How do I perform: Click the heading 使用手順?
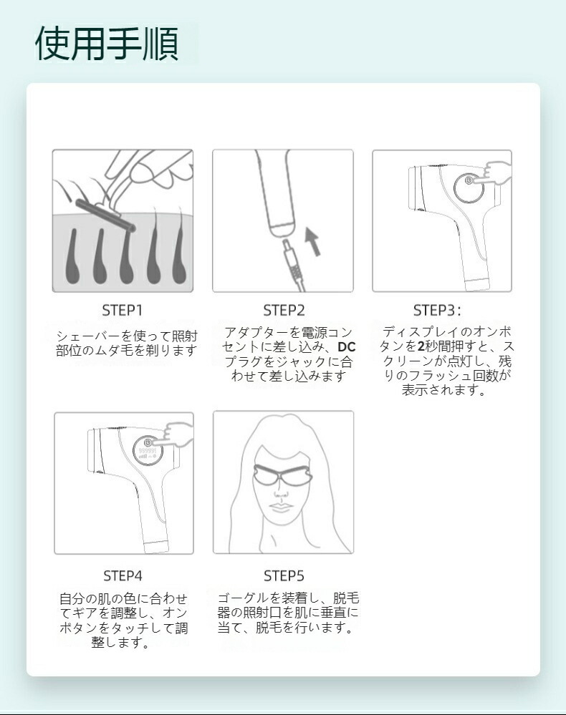point(107,44)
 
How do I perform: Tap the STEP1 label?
point(123,311)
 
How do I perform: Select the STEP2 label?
point(284,311)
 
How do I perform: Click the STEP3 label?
point(437,311)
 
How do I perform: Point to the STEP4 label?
point(123,576)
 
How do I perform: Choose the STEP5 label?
point(284,576)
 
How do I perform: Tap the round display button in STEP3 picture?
point(469,189)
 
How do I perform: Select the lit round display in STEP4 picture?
point(148,450)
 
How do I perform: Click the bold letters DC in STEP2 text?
point(347,347)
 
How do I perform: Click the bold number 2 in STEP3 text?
point(421,346)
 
